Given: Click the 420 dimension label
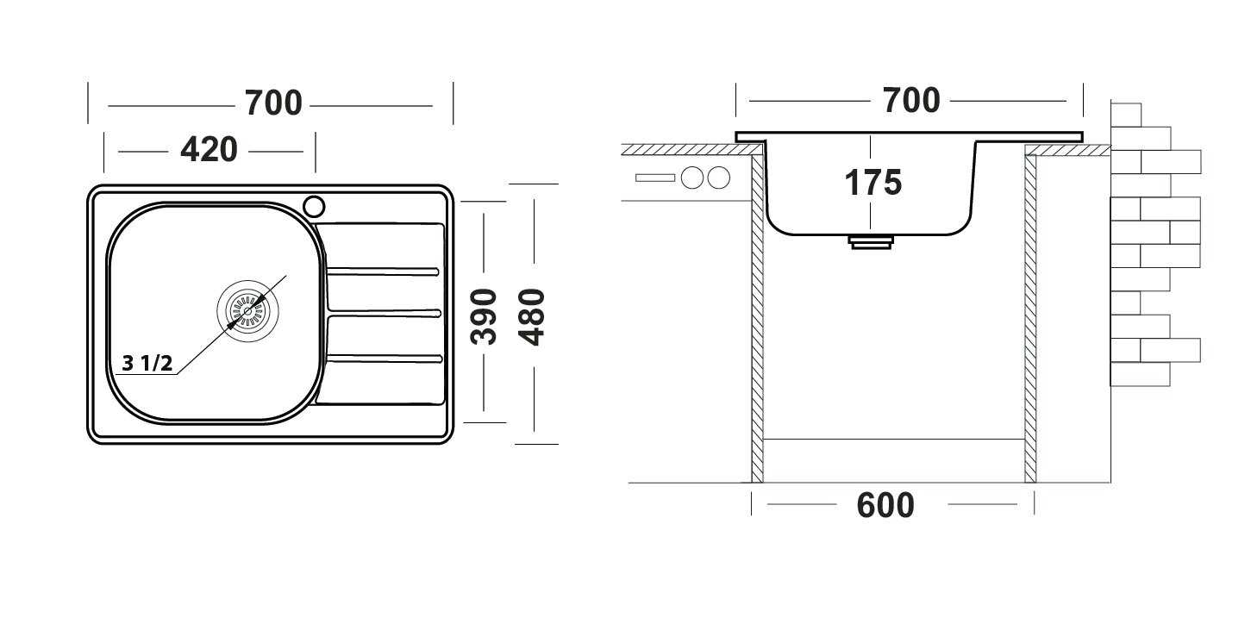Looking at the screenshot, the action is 209,150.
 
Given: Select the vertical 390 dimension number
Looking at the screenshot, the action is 484,316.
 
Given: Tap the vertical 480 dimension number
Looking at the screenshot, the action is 531,316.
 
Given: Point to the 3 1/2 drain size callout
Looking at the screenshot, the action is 147,364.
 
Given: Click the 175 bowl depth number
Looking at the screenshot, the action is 873,183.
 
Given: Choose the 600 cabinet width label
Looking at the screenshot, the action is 885,505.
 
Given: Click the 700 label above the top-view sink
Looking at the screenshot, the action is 273,103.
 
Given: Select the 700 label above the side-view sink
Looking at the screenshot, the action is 911,101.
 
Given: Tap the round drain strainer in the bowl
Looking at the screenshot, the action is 248,310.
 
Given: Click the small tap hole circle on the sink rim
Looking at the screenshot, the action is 314,206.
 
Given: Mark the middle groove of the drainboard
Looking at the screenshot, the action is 385,313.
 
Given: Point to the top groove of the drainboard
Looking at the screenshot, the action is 383,271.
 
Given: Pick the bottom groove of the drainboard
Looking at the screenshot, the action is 385,359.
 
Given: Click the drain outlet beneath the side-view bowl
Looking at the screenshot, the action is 871,242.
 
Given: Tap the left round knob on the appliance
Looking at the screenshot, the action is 692,178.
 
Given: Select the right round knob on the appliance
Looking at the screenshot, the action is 719,178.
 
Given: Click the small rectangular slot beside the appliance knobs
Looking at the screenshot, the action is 655,178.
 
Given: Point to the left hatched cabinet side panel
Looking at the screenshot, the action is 757,318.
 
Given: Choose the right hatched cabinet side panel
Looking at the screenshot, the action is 1030,318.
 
